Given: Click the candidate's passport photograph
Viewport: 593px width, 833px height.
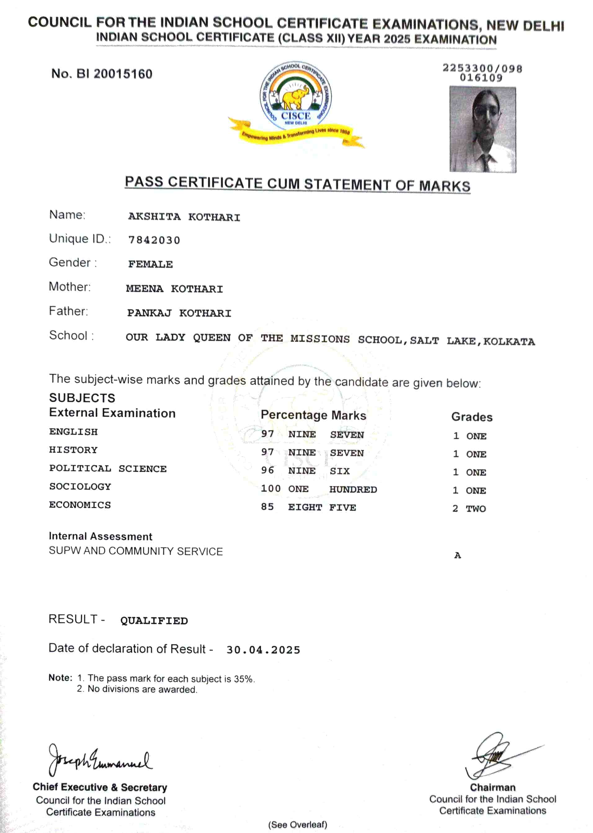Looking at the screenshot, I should coord(482,129).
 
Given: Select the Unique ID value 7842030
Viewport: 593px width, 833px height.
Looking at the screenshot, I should coord(154,240).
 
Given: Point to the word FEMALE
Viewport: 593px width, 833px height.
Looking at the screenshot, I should coord(150,264).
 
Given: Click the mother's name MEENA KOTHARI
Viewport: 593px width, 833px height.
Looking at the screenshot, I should coord(174,288).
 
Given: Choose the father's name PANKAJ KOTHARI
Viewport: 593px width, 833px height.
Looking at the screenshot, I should coord(179,313).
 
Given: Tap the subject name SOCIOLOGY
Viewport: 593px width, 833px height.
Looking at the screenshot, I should coord(80,487).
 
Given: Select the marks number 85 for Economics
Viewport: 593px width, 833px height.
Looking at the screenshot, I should coord(267,506).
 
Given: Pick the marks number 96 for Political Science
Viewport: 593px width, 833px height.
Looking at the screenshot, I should coord(267,470).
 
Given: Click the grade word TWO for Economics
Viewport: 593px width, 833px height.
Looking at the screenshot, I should coord(476,508).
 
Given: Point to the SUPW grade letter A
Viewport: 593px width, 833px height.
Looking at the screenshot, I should coord(457,555).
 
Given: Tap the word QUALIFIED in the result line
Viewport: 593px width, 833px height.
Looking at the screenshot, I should coord(154,620).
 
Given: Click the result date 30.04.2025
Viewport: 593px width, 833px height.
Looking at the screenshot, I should coord(263,650).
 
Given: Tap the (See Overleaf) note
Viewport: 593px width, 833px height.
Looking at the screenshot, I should coord(298,825).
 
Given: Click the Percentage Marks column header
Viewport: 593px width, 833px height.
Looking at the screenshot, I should coord(313,415).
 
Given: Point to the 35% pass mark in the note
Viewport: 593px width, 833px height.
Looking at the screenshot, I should coord(243,679).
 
